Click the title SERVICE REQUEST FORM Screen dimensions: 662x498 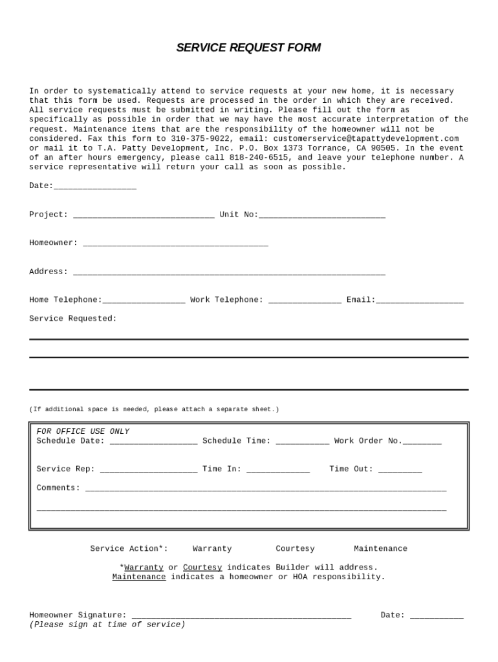tap(248, 48)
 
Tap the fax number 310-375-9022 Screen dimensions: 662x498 tap(200, 138)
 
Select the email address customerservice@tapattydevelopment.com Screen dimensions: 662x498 tap(365, 138)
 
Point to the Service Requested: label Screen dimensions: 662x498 tap(73, 319)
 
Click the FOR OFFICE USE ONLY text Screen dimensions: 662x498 tap(83, 432)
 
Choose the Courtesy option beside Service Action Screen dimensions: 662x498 tap(295, 549)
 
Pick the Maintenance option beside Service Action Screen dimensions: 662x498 tap(380, 549)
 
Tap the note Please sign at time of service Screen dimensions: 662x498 tap(107, 625)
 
